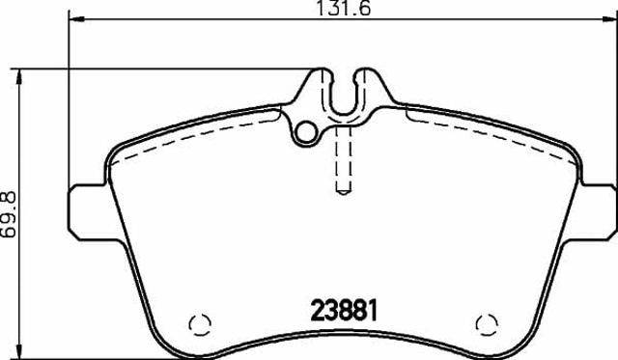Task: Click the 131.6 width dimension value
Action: click(x=344, y=8)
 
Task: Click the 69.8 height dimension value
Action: click(x=9, y=214)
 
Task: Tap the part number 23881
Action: click(x=344, y=311)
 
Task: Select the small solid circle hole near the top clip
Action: click(x=306, y=132)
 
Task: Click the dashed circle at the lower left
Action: click(x=200, y=325)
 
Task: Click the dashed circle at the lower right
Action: click(x=487, y=325)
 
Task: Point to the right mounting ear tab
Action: click(x=599, y=211)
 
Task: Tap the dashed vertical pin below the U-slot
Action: click(x=343, y=160)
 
